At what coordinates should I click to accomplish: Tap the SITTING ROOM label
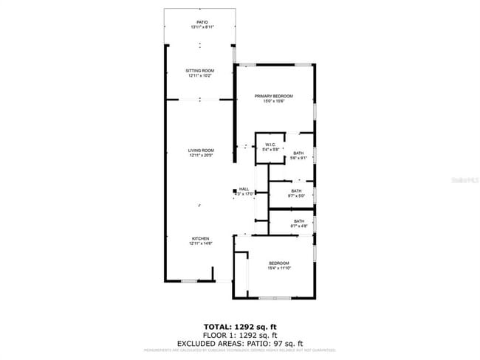tap(200, 71)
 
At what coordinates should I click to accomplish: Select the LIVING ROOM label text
tap(201, 150)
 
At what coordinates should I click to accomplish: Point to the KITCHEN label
tap(201, 238)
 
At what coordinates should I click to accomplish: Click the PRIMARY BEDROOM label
tap(274, 97)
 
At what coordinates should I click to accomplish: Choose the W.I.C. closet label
tap(270, 145)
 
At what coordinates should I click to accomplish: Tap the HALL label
tap(244, 189)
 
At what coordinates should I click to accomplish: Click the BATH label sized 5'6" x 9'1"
tap(298, 153)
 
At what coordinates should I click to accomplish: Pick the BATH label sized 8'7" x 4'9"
tap(299, 221)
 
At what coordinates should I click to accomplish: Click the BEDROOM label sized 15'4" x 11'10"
tap(279, 263)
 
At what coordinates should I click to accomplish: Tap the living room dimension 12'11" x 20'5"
tap(201, 156)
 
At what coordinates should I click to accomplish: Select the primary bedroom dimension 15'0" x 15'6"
tap(274, 102)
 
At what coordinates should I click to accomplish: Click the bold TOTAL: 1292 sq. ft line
tap(239, 326)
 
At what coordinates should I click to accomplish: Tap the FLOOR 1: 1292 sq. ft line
tap(240, 334)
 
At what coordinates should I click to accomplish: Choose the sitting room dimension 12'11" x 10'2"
tap(200, 76)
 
